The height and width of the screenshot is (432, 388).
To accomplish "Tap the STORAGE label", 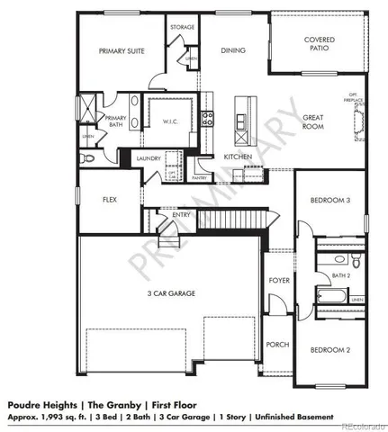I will click(182, 27).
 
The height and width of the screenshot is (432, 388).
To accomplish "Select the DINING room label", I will click(233, 50).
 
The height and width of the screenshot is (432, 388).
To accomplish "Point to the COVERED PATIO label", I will click(320, 45).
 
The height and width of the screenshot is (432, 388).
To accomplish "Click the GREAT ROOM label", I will click(313, 121).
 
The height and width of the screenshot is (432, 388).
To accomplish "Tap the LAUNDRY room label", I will click(149, 158).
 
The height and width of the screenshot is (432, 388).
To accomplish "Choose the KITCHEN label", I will click(238, 157).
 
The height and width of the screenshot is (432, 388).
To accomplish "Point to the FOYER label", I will click(279, 281).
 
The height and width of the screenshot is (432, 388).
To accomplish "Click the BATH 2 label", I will click(341, 276).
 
